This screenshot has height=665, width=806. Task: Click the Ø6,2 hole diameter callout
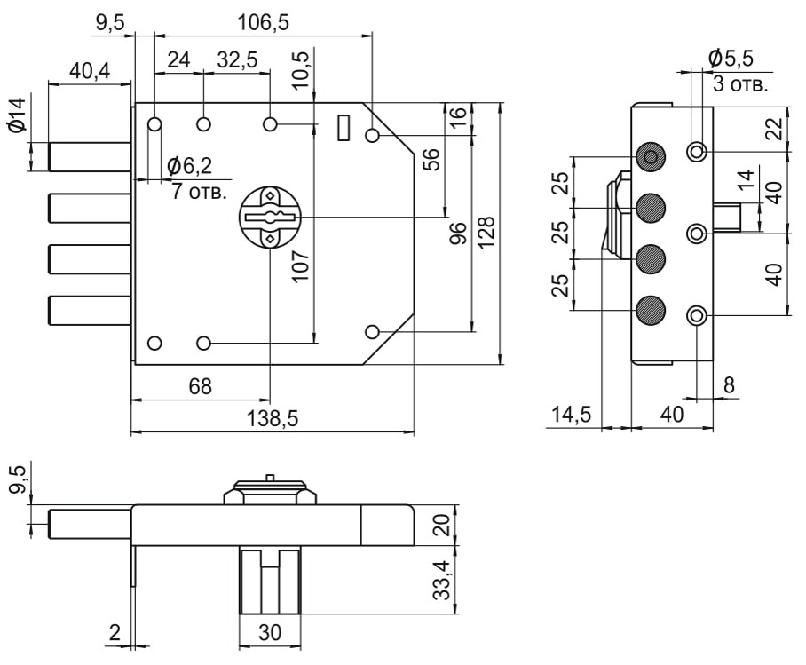[189, 165]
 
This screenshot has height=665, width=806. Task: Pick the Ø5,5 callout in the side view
[731, 59]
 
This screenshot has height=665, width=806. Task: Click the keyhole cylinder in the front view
[271, 217]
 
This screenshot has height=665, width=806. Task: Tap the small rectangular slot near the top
[344, 127]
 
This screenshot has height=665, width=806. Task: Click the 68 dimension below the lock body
[201, 387]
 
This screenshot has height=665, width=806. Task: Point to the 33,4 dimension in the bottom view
[442, 579]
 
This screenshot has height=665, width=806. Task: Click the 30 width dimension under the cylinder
[270, 635]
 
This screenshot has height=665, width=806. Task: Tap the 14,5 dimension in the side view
[572, 414]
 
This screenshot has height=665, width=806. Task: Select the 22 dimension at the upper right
[774, 130]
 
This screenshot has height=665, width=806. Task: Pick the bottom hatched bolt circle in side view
[652, 310]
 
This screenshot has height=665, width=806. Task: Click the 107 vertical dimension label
[302, 266]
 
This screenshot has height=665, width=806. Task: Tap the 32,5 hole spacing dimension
[237, 59]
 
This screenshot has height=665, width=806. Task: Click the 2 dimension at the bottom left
[115, 633]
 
